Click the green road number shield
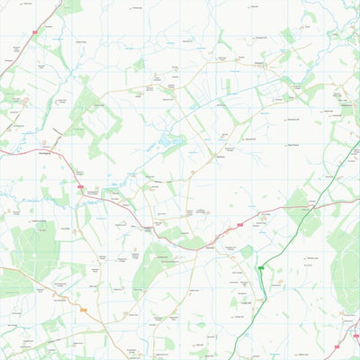pos(261,268)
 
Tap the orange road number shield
pos(83,310)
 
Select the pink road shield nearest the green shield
pos(240,225)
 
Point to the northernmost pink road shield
pos(34,33)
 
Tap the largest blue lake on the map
pos(169,140)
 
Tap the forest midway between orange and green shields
pos(153,270)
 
